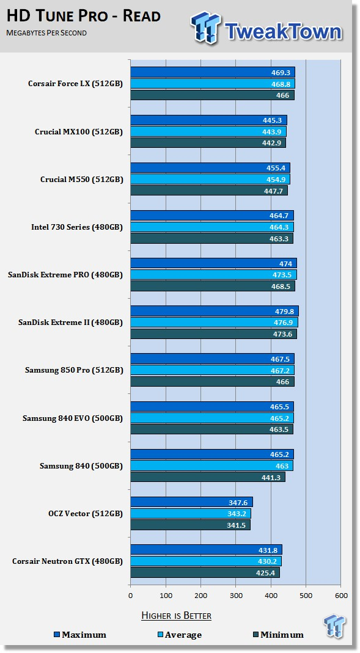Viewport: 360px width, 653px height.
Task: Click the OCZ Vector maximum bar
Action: tap(192, 502)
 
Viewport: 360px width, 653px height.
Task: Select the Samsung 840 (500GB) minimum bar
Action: tap(208, 477)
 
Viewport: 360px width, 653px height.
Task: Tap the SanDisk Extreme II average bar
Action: tap(214, 323)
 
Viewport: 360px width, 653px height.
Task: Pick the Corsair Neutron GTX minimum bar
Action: tap(205, 572)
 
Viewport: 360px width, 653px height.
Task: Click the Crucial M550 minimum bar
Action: tap(209, 191)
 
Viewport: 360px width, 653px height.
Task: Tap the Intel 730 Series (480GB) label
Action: tap(77, 227)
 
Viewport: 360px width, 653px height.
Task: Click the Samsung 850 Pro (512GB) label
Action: tap(74, 370)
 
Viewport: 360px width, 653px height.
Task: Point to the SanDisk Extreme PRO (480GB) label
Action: tap(65, 275)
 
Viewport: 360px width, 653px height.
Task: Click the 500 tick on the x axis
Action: tap(306, 596)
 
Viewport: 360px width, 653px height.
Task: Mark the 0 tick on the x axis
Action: tap(130, 596)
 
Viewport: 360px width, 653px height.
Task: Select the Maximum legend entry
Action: tap(80, 635)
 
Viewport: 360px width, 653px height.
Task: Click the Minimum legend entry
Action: tap(278, 635)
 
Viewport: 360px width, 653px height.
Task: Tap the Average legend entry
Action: tap(180, 635)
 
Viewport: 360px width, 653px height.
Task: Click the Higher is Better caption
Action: tap(176, 616)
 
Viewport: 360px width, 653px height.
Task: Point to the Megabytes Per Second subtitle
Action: tap(46, 33)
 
